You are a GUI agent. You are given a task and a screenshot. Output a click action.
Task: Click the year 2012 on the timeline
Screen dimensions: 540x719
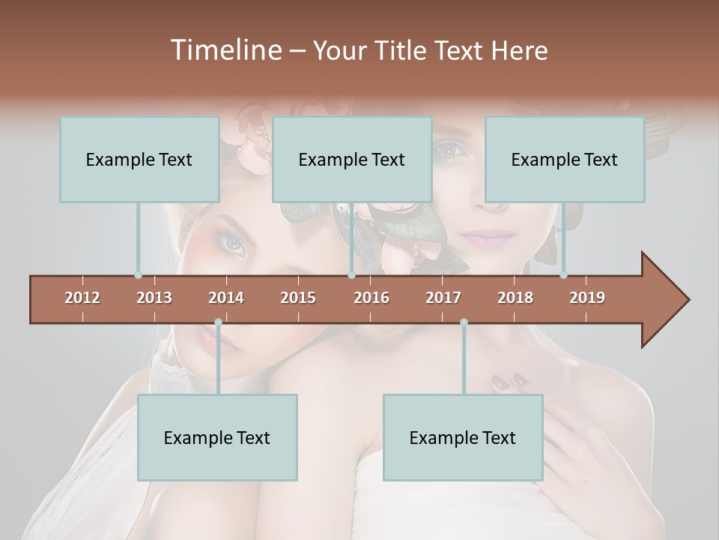pos(82,298)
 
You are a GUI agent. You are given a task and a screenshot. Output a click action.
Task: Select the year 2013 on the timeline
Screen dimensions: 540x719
pos(154,298)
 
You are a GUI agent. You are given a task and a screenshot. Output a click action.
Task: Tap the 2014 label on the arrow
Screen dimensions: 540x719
pos(226,298)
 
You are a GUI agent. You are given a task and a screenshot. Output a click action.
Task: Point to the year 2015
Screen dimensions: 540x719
pos(298,298)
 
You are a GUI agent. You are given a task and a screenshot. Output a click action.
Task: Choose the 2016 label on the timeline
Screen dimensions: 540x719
pos(371,298)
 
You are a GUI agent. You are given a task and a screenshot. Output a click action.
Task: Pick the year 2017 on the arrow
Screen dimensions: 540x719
pos(443,298)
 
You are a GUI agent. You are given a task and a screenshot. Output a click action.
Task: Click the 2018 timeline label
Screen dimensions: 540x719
pos(515,298)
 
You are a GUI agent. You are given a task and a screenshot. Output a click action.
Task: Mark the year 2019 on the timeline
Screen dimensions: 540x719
pos(587,298)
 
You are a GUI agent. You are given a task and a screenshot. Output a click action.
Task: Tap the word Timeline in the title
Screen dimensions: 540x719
pos(225,50)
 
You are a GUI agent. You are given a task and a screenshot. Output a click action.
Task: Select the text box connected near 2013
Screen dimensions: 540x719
pos(139,159)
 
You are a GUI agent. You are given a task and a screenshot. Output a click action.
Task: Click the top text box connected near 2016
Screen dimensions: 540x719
pos(352,159)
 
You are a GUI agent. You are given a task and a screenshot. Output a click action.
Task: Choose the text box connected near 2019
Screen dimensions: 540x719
pos(565,159)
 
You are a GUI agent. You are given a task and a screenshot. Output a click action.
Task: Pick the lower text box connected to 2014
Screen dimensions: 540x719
pos(217,437)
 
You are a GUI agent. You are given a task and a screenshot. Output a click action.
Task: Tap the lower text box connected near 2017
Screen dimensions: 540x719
pos(463,437)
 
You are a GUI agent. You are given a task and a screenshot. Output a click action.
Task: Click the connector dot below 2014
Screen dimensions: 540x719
pos(218,322)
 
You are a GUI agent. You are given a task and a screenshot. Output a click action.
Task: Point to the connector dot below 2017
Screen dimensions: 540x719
pos(464,322)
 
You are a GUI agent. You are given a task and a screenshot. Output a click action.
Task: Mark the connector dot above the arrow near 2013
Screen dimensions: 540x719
pos(138,275)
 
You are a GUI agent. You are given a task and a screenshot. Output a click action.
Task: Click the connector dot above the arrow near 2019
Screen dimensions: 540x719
pos(563,275)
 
